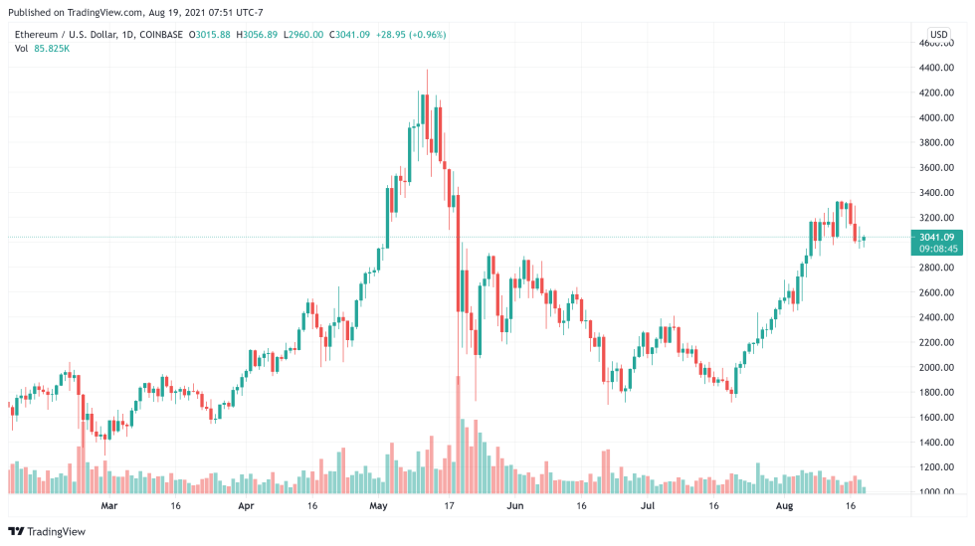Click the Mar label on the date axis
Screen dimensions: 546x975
click(x=109, y=506)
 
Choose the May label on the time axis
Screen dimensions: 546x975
click(x=378, y=506)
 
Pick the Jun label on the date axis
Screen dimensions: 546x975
click(x=514, y=506)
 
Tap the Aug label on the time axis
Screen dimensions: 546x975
click(x=784, y=506)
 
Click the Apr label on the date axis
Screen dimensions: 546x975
click(x=246, y=506)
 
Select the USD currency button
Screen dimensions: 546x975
click(x=939, y=34)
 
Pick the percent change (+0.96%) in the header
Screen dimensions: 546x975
click(x=425, y=35)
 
